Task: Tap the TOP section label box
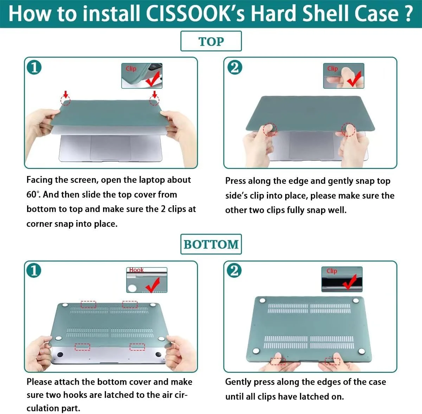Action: [x=211, y=41]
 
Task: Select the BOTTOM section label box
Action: [x=211, y=244]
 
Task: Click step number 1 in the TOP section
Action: [x=34, y=67]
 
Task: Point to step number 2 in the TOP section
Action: [x=235, y=67]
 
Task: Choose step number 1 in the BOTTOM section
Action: [x=34, y=270]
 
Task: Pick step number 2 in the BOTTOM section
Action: [x=234, y=270]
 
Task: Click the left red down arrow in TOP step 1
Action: [x=65, y=94]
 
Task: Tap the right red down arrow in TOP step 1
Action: [x=155, y=94]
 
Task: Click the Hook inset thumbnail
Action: [x=147, y=280]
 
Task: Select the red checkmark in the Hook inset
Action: [x=153, y=284]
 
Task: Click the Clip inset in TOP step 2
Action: [x=344, y=76]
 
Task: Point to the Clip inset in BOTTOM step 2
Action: [x=342, y=279]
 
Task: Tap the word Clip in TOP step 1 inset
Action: [x=131, y=69]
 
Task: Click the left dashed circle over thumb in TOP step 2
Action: [x=270, y=130]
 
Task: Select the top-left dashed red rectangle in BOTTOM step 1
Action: [x=89, y=305]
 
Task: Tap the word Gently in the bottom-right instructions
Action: [x=238, y=382]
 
